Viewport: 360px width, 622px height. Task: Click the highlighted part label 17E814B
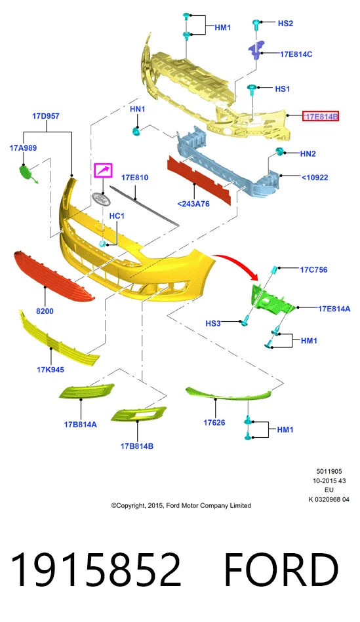321,116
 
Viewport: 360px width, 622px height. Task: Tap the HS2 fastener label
285,24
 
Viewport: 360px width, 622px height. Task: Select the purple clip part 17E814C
256,49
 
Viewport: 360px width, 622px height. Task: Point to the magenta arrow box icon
103,170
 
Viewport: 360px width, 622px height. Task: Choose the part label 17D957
46,116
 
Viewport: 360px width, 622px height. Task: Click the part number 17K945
50,370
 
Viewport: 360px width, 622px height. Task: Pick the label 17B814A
80,425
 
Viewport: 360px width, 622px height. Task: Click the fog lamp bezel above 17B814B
138,414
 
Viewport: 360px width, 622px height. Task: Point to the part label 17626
214,423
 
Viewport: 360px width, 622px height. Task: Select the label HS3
212,323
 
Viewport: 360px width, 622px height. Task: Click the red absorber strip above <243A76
199,180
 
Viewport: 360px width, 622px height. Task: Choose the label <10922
315,178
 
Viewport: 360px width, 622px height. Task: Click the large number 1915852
96,570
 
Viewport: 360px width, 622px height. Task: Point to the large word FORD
281,570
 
